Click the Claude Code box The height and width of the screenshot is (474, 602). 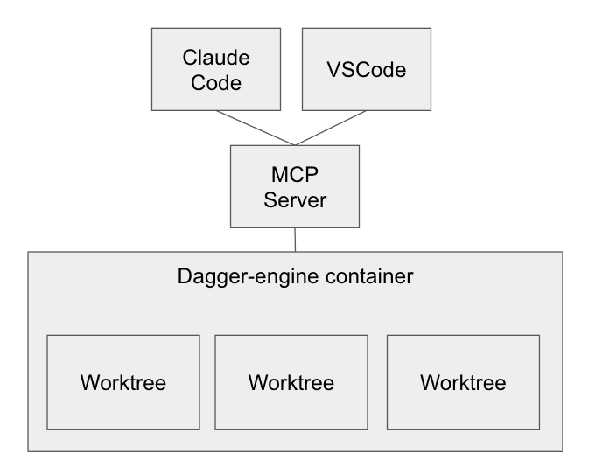tap(216, 69)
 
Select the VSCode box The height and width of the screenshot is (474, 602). tap(367, 69)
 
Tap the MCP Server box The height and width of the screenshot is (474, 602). tap(295, 186)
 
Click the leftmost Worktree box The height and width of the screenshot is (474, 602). tap(123, 382)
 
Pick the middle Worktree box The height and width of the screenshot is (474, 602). tap(291, 382)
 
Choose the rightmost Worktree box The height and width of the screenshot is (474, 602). tap(464, 382)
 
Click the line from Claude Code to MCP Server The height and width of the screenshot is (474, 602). tap(255, 129)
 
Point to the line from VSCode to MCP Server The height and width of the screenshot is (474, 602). tap(331, 129)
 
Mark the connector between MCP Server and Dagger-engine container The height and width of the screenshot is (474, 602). tap(295, 240)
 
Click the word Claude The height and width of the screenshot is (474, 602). tap(216, 58)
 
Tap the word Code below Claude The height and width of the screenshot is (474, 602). tap(216, 83)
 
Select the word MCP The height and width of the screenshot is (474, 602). tap(295, 175)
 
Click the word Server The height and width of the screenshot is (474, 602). tap(295, 200)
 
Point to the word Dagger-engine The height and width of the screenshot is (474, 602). tap(248, 277)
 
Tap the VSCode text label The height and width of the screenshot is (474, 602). tap(367, 70)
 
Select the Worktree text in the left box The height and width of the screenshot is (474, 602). tap(123, 383)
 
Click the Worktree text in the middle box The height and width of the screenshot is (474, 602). tap(291, 383)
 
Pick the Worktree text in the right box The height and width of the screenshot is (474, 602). tap(464, 383)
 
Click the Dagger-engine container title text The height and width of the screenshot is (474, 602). tap(295, 277)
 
